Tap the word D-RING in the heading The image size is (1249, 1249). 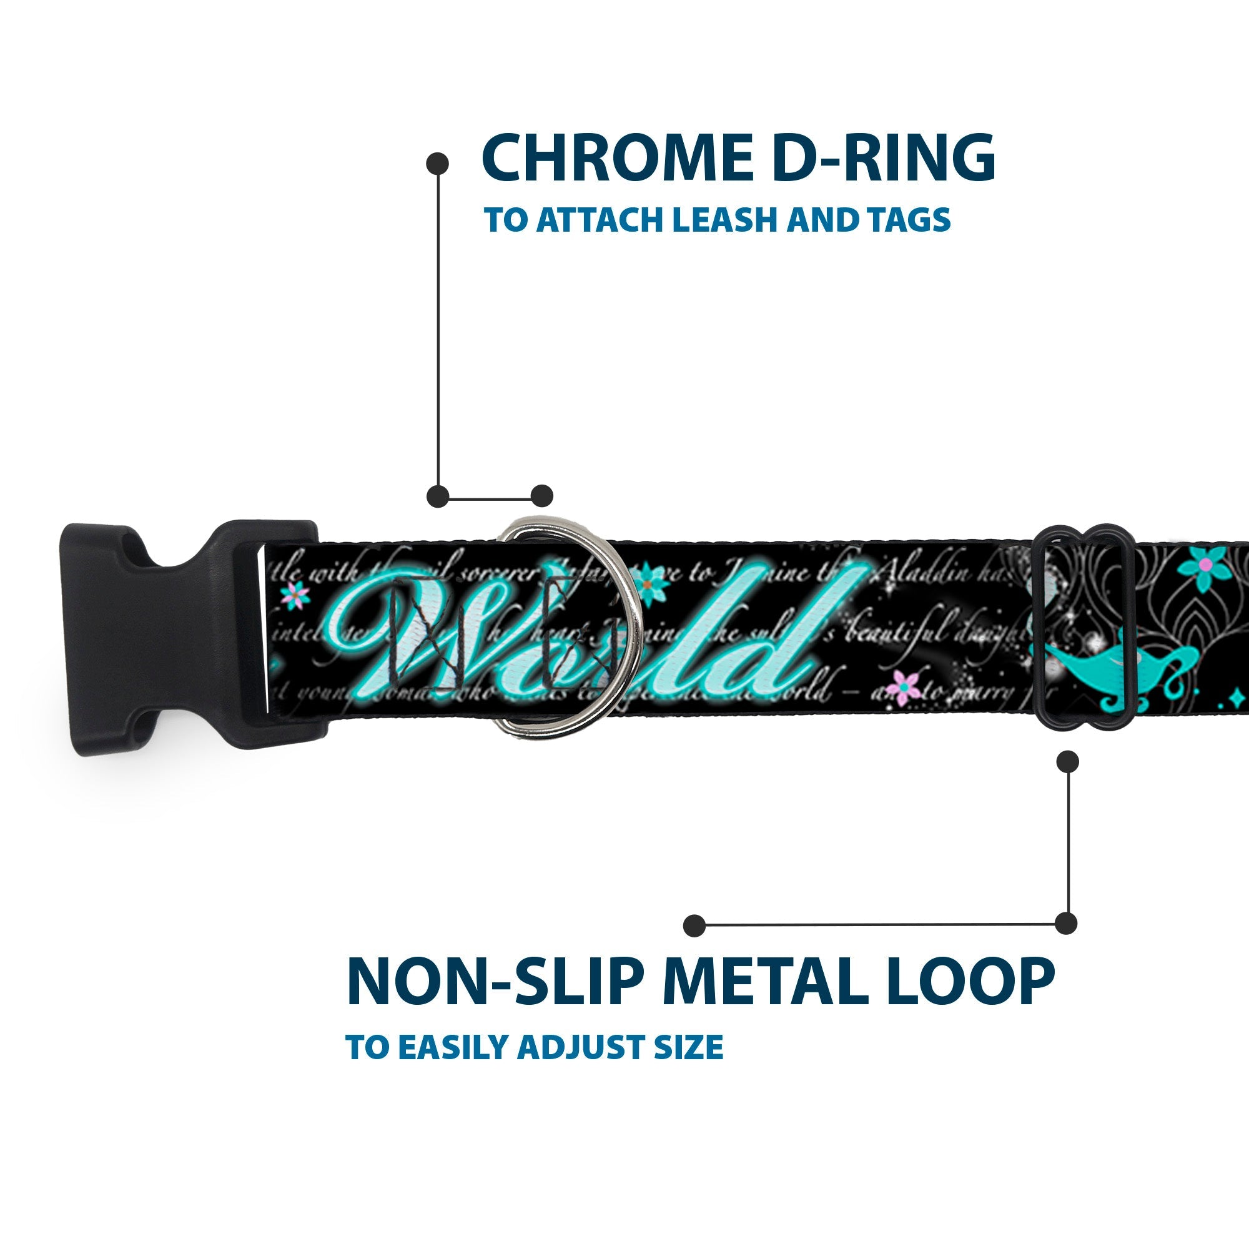click(x=882, y=159)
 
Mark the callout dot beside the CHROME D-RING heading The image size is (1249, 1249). click(x=438, y=163)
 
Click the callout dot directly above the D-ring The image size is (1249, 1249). click(x=541, y=496)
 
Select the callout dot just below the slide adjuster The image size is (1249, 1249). click(x=1067, y=761)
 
